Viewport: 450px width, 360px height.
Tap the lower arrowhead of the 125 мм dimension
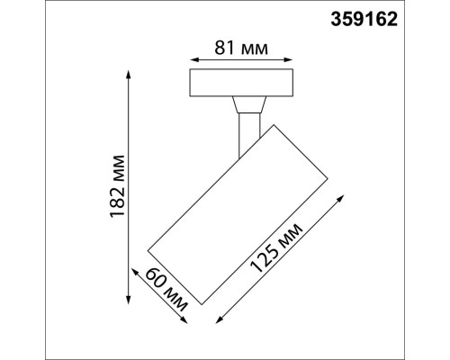tap(217, 319)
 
